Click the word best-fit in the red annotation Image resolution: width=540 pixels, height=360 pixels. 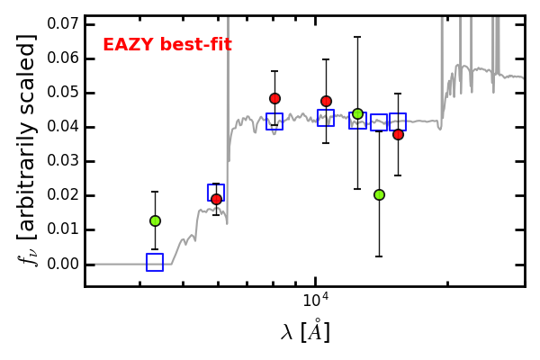coord(196,44)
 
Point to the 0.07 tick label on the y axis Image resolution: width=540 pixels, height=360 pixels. coord(62,24)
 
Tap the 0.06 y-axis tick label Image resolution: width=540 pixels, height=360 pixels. coord(62,58)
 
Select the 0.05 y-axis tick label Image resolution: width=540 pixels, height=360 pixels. coord(62,93)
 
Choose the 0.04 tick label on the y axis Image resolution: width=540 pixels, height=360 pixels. coord(62,126)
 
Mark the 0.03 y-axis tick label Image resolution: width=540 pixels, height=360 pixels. coord(62,161)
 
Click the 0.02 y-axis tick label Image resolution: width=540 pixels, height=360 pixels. coord(62,195)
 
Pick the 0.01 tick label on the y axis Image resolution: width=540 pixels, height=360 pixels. coord(62,229)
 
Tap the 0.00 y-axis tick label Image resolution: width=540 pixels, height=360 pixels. coord(62,264)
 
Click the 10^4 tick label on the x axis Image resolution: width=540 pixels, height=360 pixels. coord(316,300)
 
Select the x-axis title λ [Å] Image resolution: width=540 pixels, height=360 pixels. coord(305,331)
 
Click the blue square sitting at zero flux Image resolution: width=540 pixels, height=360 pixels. coord(155,262)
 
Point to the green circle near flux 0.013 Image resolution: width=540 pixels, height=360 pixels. coord(156,220)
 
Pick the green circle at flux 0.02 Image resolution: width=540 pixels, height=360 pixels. coord(379,195)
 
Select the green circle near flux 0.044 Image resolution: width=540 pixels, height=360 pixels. coord(358,114)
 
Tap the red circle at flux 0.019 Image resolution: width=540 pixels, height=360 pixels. coord(216,199)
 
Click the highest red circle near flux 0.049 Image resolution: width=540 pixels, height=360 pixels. coord(274,98)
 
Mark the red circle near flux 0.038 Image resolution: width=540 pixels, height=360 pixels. coord(398,135)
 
